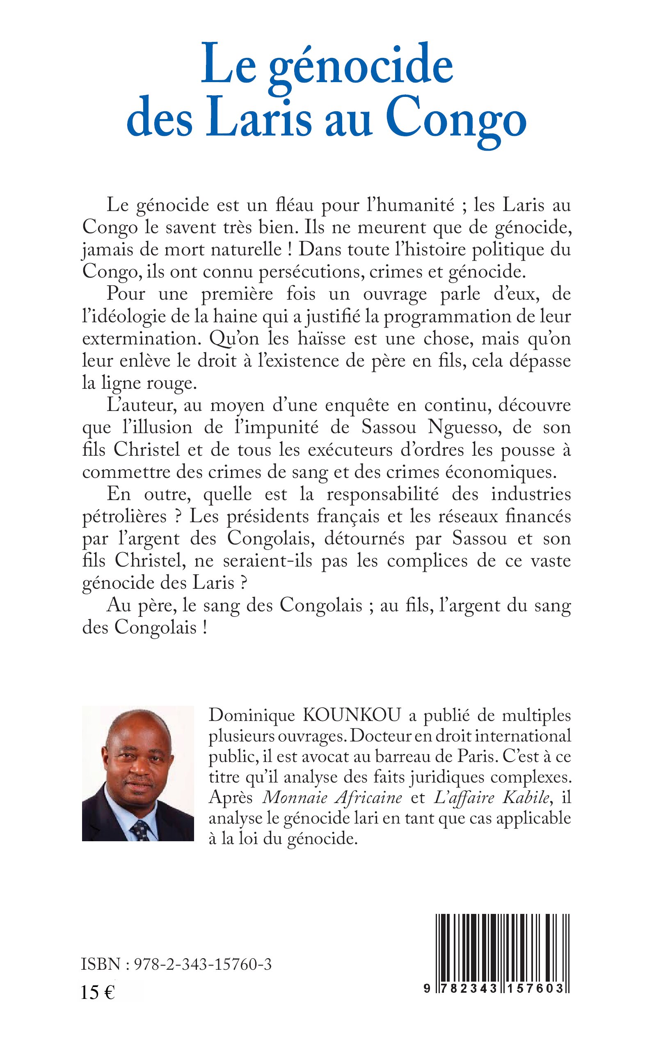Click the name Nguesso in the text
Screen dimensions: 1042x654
point(463,427)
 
